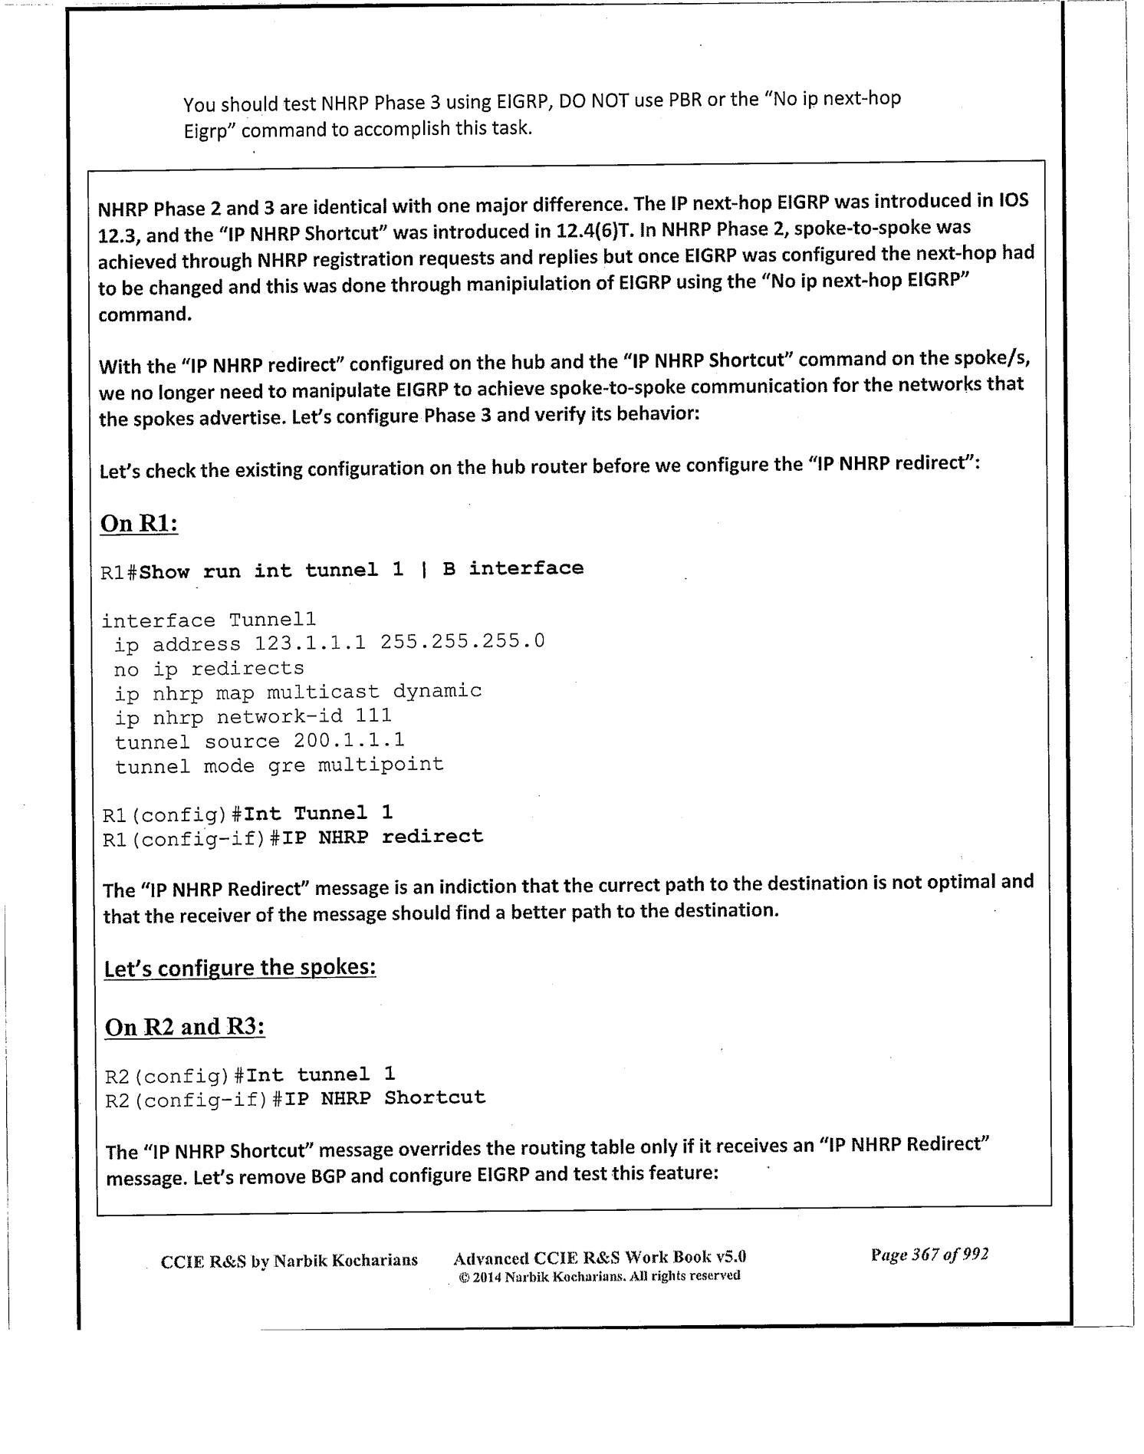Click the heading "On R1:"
(140, 525)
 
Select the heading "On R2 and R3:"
(184, 1027)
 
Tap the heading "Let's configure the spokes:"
(239, 968)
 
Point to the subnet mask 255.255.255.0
(462, 640)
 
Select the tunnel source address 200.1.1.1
(349, 740)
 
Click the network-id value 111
(373, 715)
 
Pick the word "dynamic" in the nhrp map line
(437, 691)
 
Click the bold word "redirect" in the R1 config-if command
(432, 836)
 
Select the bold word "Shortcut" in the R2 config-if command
(435, 1097)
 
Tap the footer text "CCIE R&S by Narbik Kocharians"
(289, 1260)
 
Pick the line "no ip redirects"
(209, 669)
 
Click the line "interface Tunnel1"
(209, 620)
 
